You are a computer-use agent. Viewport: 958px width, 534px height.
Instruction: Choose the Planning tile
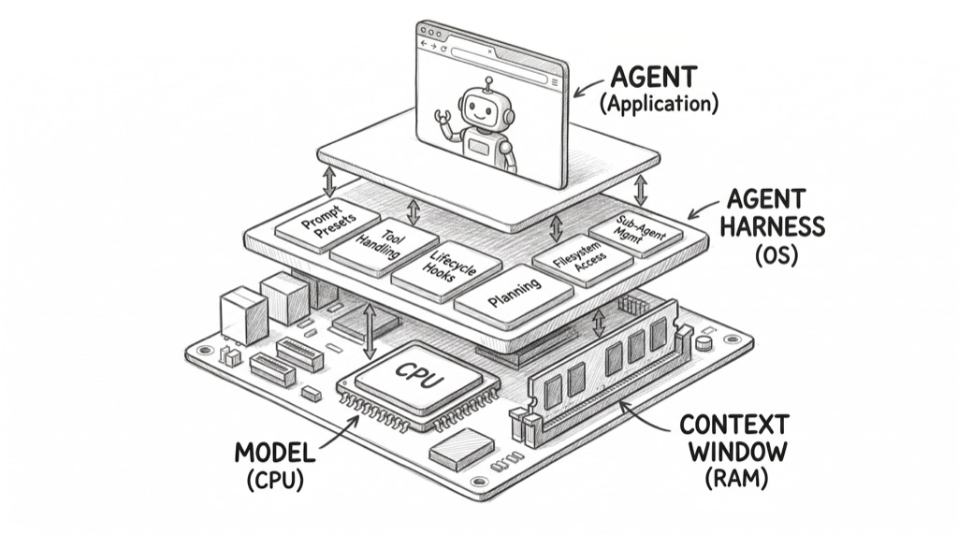click(513, 296)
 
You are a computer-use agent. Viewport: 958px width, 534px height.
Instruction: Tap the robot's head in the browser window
click(479, 110)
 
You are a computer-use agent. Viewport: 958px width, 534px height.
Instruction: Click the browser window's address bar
click(496, 57)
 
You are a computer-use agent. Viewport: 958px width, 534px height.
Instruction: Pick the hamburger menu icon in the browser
click(555, 82)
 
